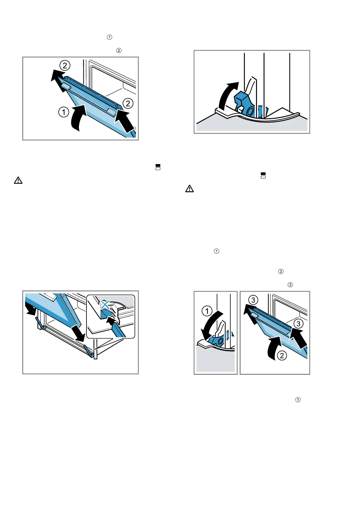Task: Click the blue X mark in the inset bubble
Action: click(105, 304)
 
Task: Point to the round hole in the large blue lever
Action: click(250, 112)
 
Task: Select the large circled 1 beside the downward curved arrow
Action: click(207, 311)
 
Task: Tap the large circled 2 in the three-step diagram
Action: click(282, 355)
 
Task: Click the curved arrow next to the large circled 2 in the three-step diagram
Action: click(273, 349)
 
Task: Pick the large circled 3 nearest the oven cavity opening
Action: click(298, 324)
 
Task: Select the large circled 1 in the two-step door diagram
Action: click(63, 112)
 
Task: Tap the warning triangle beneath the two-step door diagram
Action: click(18, 181)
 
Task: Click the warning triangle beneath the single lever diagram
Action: click(190, 189)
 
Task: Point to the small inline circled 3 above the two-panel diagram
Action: click(290, 285)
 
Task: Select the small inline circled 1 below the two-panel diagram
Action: click(298, 400)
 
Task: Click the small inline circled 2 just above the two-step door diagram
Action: click(119, 50)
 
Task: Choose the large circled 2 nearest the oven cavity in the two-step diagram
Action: click(128, 103)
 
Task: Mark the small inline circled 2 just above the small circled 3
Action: click(281, 271)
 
